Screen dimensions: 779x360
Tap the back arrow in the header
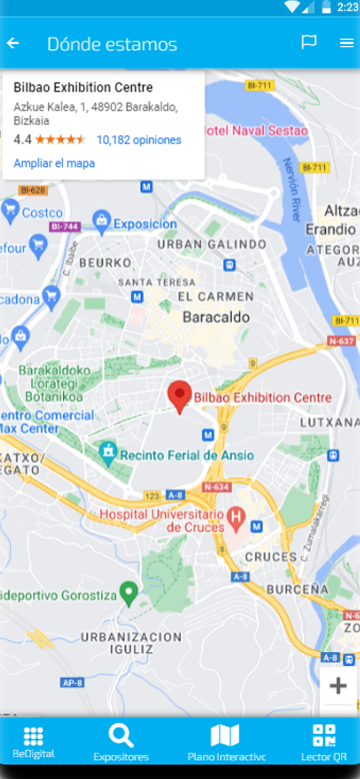(13, 44)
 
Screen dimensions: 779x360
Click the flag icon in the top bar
(309, 43)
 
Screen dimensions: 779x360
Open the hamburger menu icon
(346, 43)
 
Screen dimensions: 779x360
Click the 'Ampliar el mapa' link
(54, 163)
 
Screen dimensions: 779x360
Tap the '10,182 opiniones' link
(139, 140)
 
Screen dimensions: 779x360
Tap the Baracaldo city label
(216, 317)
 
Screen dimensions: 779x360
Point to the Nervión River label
(291, 190)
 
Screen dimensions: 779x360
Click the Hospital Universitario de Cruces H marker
(237, 518)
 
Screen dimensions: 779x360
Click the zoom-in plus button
(338, 686)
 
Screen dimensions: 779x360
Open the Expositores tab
(121, 743)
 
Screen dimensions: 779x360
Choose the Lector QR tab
(324, 743)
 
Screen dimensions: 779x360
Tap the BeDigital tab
(33, 743)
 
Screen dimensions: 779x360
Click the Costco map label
(42, 212)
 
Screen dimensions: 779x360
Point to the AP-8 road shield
(72, 683)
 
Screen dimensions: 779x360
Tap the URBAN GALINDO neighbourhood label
(211, 244)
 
